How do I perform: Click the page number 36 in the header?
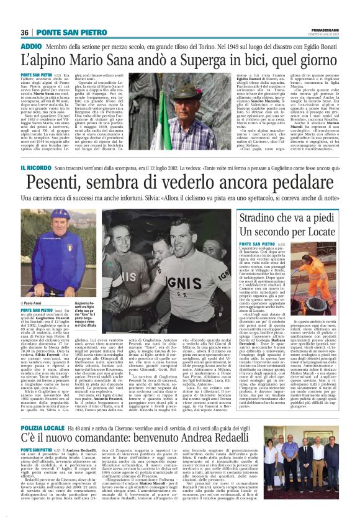point(25,32)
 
